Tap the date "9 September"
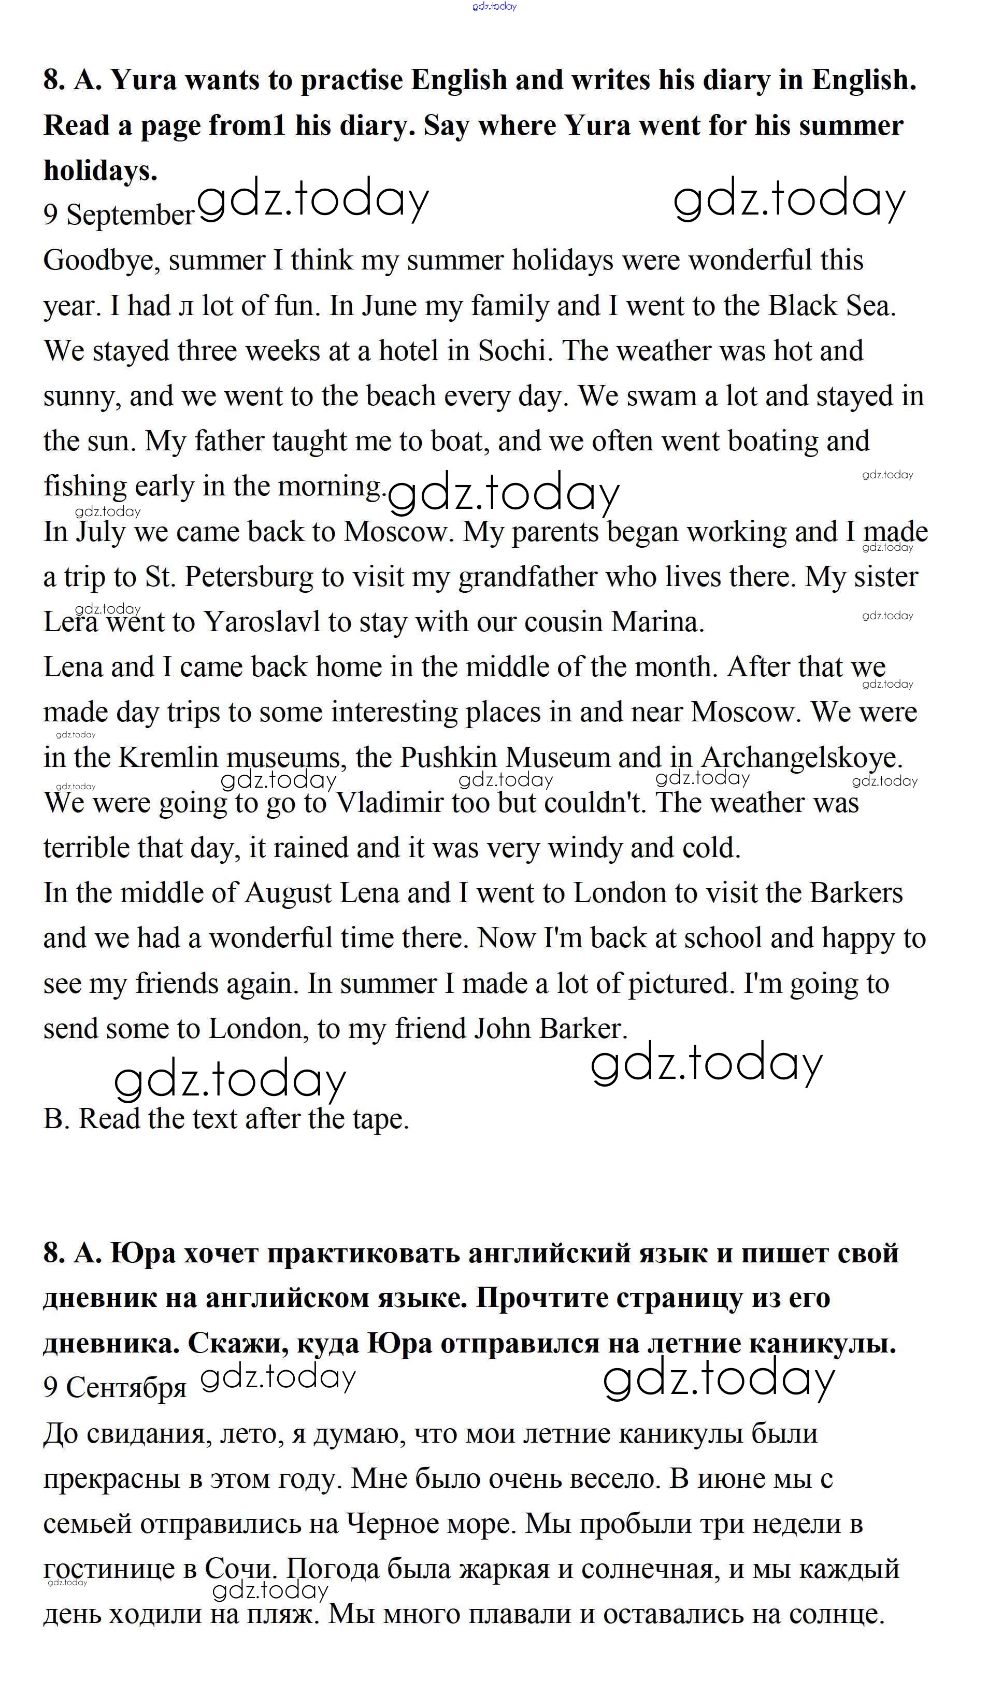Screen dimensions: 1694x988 [x=118, y=215]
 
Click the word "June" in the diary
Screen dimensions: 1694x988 [x=389, y=306]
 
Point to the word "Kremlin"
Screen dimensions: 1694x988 [x=168, y=758]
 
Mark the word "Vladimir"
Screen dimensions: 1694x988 [x=390, y=803]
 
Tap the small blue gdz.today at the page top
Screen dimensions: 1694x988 [x=494, y=7]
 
